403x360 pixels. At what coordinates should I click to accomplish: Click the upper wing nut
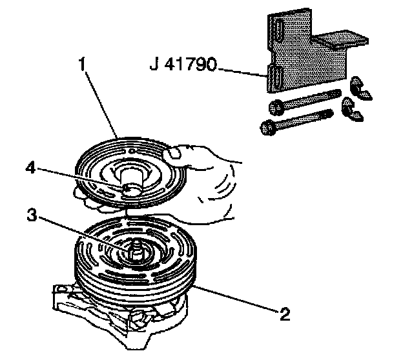coord(359,88)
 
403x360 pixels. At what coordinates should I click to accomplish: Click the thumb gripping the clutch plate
coord(176,154)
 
